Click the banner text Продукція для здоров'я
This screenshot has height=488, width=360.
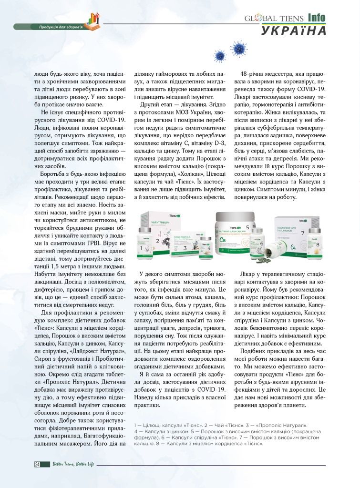tap(61, 27)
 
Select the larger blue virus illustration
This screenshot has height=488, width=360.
tap(238, 48)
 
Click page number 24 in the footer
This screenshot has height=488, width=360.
tap(37, 464)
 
